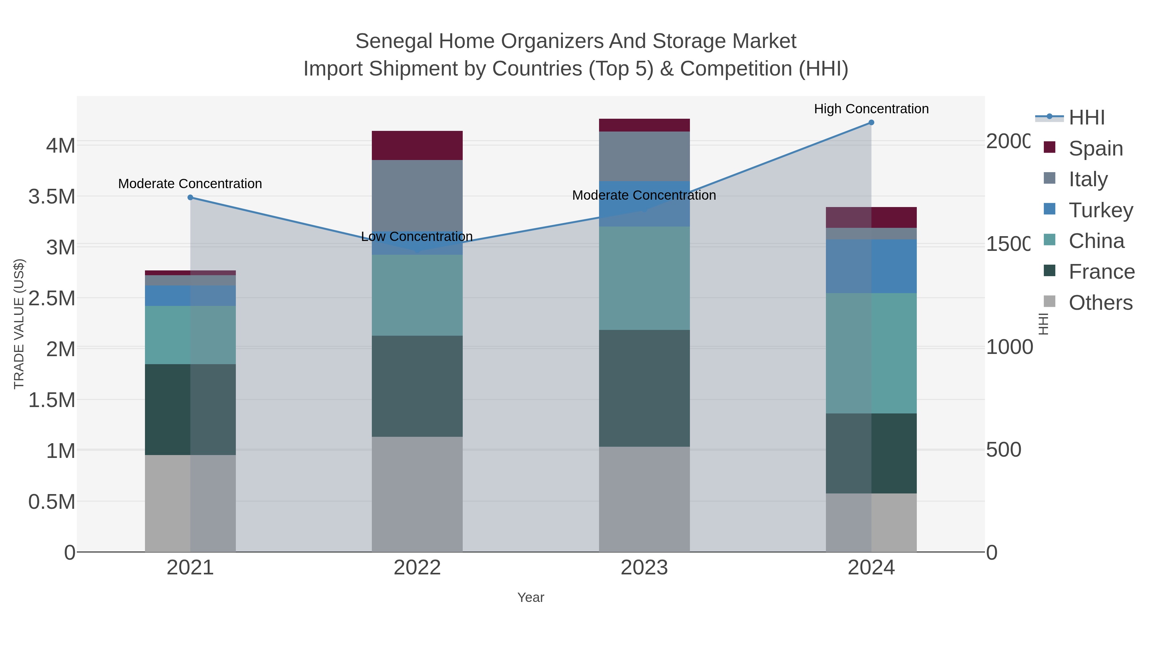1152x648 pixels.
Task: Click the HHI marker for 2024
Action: point(871,123)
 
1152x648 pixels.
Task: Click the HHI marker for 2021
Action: point(190,197)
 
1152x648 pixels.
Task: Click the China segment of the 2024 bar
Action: point(871,353)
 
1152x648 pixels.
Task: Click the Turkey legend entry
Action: point(1100,210)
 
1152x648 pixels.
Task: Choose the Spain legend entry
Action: point(1095,148)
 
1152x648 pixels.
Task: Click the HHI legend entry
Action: point(1086,118)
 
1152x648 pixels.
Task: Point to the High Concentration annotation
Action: point(871,109)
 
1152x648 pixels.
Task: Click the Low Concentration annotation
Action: point(416,236)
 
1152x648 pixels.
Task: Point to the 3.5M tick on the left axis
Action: point(52,197)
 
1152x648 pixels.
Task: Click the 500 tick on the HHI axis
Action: point(1004,450)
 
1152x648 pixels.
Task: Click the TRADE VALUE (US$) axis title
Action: point(19,324)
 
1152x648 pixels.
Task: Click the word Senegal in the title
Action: point(394,41)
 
